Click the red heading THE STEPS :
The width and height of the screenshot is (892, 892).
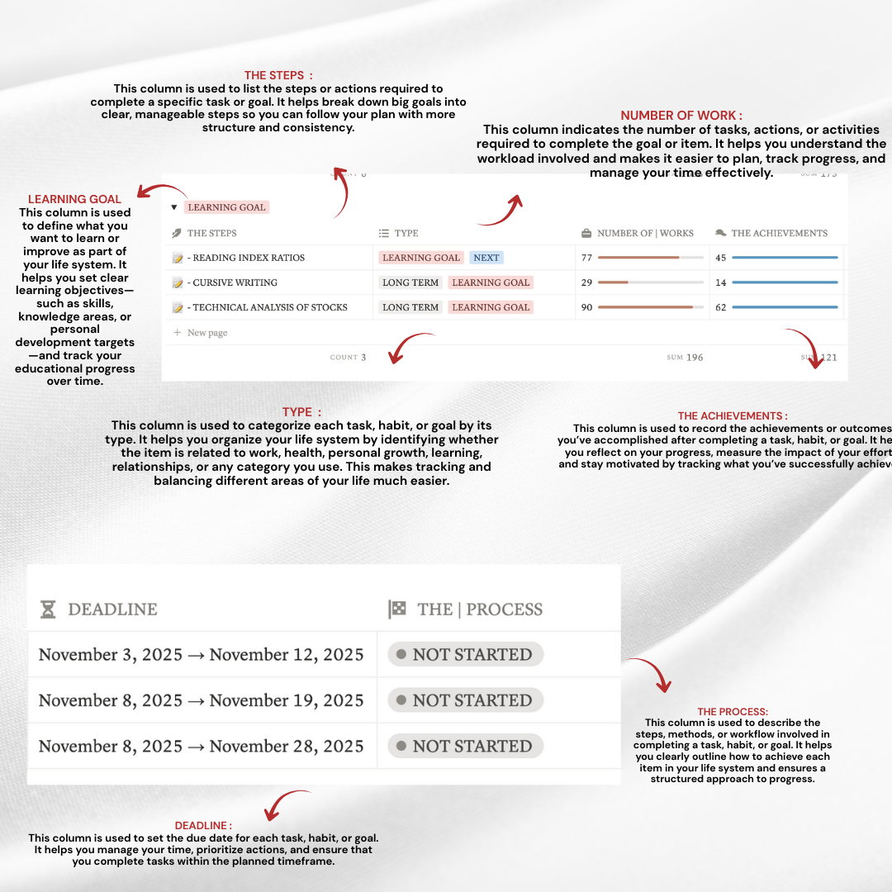click(x=278, y=75)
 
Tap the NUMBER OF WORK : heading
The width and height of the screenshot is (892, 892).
click(x=681, y=116)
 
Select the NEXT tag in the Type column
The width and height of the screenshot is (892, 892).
click(x=486, y=258)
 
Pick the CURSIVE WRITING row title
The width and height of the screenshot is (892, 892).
click(x=235, y=282)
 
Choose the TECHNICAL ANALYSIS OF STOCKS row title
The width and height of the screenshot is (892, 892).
click(x=269, y=307)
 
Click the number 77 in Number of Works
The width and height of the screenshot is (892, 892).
click(x=587, y=258)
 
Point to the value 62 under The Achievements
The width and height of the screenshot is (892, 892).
click(x=721, y=307)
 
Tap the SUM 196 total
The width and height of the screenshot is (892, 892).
click(x=686, y=358)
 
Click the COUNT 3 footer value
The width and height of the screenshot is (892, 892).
click(x=349, y=358)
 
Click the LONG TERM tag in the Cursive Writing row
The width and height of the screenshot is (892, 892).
click(x=410, y=282)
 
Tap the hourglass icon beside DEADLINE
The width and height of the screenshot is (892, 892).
click(x=49, y=610)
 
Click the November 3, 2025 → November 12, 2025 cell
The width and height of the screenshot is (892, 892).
click(x=201, y=655)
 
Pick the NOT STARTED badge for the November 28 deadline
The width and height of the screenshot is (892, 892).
click(x=465, y=746)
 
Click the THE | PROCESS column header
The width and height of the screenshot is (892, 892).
click(x=466, y=610)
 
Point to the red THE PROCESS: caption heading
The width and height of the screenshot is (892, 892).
click(x=733, y=711)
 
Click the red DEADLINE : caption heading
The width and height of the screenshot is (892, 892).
click(x=203, y=825)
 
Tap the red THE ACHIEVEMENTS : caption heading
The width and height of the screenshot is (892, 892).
click(x=733, y=416)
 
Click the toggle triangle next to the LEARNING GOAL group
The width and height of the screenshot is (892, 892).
click(x=173, y=207)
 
